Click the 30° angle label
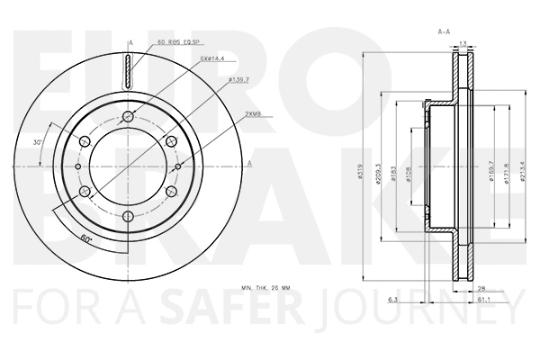[37, 143]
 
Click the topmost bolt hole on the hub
[130, 115]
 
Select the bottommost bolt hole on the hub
[130, 216]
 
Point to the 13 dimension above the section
[462, 43]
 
